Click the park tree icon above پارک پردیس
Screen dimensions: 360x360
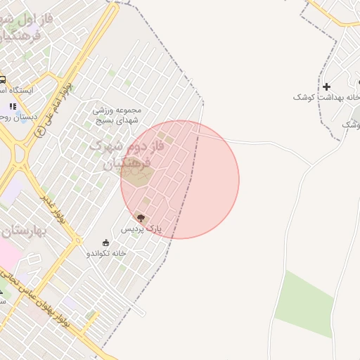click(x=141, y=218)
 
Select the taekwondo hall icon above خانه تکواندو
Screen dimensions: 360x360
click(x=105, y=243)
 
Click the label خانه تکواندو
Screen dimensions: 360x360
click(x=106, y=252)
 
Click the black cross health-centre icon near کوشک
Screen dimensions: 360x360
click(x=326, y=86)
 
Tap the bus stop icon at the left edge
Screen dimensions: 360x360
click(x=3, y=80)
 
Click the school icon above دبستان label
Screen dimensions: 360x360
click(x=12, y=106)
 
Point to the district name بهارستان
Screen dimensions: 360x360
click(x=21, y=231)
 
